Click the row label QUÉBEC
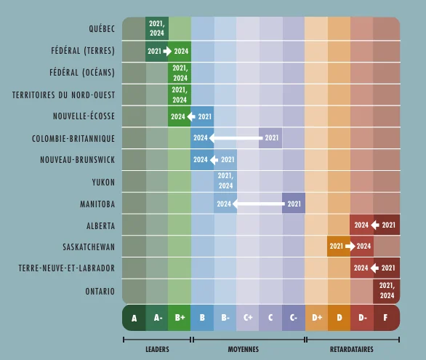point(102,28)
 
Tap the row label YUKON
point(103,182)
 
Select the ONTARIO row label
point(100,291)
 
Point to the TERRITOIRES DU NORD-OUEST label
point(63,95)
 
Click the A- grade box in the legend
point(157,318)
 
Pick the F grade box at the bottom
point(387,318)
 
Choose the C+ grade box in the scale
point(247,318)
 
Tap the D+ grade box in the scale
point(316,318)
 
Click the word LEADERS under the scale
point(157,349)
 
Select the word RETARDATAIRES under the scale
point(352,349)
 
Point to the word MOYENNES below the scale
point(243,349)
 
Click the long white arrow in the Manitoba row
point(259,204)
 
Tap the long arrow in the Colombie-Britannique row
point(236,138)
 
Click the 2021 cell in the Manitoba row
point(294,204)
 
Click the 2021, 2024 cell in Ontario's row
point(387,291)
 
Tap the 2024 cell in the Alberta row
point(362,225)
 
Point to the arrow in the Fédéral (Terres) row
point(167,51)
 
